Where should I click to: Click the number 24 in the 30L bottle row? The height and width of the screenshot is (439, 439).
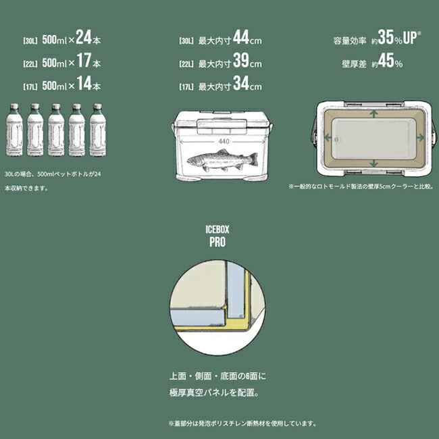(84, 37)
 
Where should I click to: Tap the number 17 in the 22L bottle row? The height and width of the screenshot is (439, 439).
(84, 60)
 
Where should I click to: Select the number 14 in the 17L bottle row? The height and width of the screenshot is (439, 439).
(84, 83)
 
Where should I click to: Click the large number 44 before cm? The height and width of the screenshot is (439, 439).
(241, 37)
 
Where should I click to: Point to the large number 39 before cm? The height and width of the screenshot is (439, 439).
(241, 60)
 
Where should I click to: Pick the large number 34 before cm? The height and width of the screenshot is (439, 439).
(241, 83)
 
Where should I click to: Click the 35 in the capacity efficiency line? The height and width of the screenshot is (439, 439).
(386, 37)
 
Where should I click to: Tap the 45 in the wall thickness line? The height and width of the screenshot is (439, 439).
(386, 60)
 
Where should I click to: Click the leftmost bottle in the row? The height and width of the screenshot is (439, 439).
(14, 130)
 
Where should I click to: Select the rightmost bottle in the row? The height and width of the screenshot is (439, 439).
(98, 130)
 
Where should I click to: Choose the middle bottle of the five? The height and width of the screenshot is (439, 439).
(56, 130)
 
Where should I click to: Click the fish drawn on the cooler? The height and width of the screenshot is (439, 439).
(223, 160)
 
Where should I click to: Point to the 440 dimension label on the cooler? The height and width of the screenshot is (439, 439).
(224, 142)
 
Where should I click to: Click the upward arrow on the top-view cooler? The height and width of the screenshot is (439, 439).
(373, 113)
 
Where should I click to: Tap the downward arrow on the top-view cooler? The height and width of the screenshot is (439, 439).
(373, 163)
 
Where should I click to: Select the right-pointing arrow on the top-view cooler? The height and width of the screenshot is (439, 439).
(420, 138)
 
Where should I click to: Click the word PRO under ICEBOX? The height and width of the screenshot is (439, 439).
(217, 242)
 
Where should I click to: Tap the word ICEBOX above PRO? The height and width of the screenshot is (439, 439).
(217, 230)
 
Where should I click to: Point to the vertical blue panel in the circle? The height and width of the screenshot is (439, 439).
(236, 290)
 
